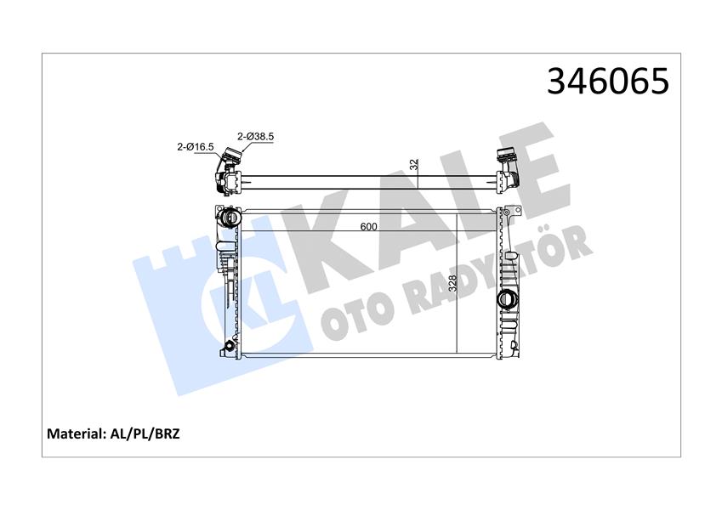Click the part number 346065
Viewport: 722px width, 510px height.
[x=609, y=82]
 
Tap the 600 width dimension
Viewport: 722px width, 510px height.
[x=367, y=227]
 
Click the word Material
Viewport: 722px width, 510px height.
[x=76, y=433]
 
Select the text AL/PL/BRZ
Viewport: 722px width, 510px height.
[x=145, y=433]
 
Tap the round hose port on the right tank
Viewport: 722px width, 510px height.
[x=508, y=300]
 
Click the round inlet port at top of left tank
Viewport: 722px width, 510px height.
[x=229, y=218]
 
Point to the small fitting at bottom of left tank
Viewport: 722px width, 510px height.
[x=226, y=348]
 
